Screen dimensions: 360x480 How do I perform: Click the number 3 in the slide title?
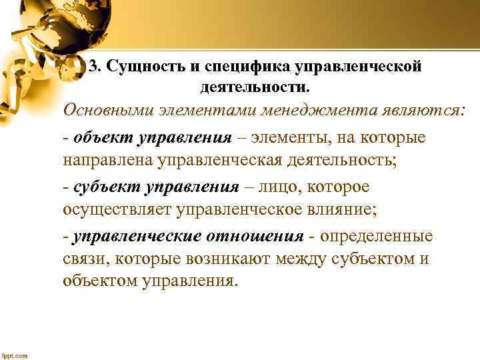click(93, 67)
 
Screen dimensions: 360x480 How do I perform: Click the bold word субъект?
click(106, 187)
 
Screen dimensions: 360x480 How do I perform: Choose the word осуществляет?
click(118, 209)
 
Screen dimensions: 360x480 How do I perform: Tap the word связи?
click(83, 259)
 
